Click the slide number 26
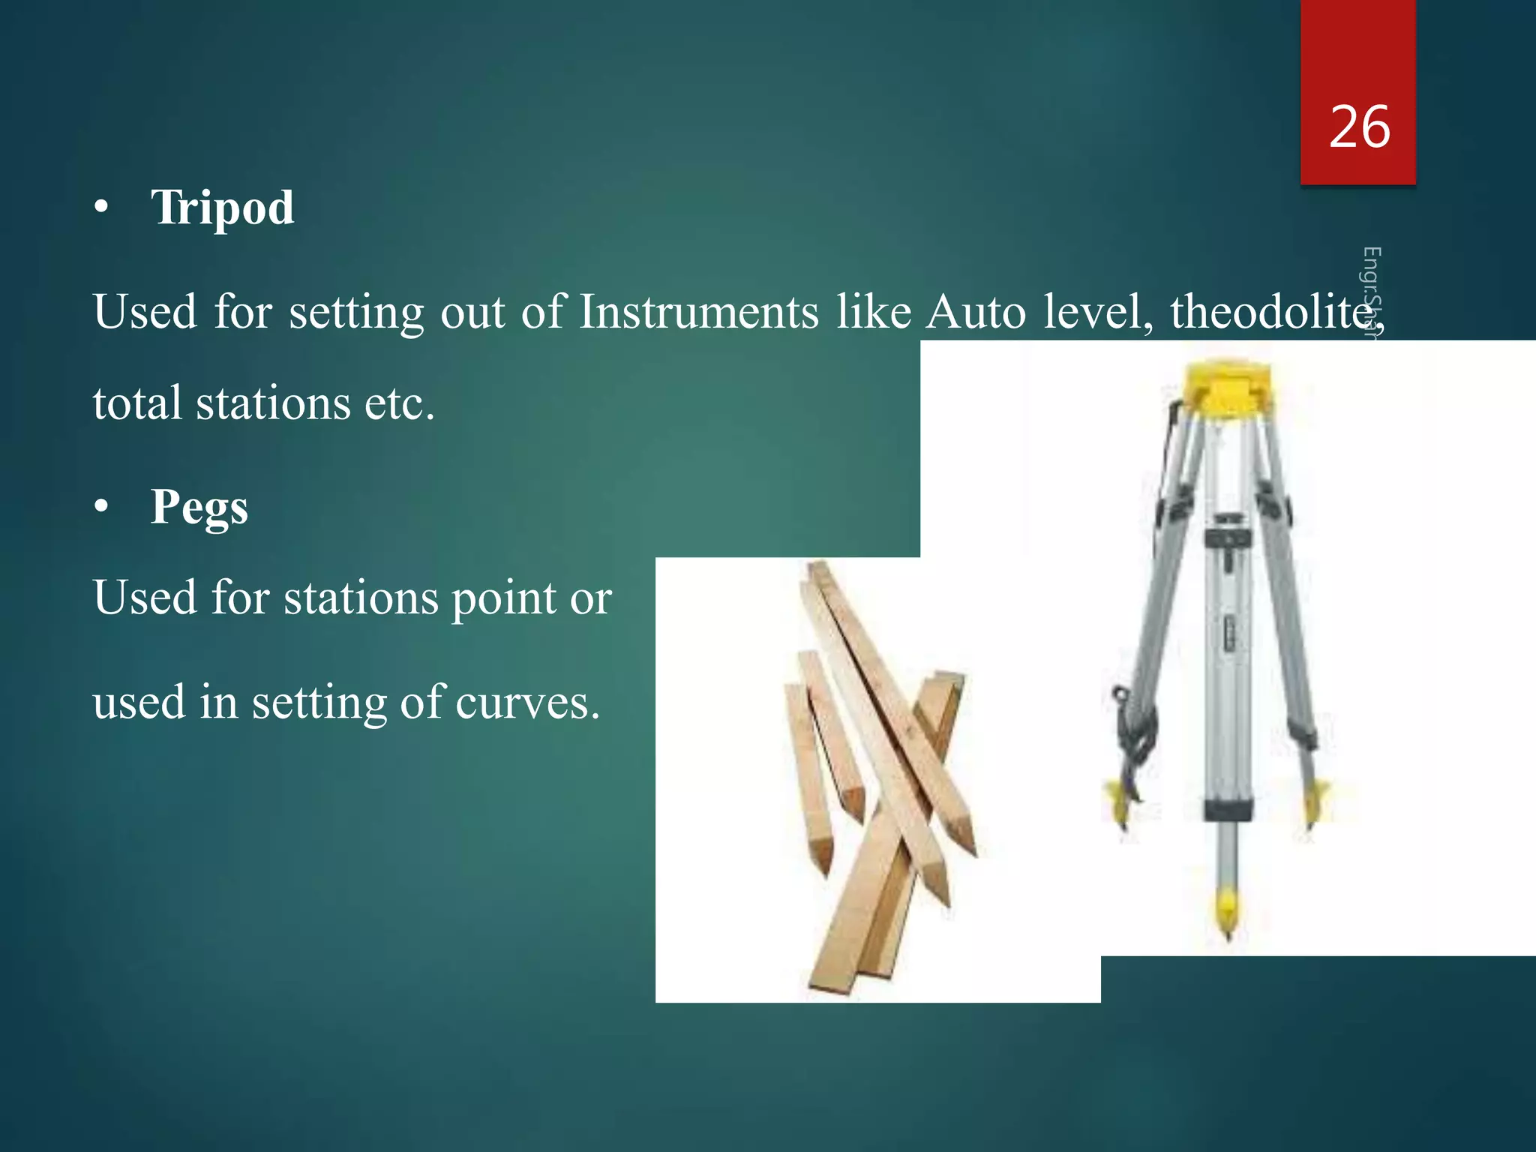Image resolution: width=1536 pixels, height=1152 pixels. [x=1359, y=127]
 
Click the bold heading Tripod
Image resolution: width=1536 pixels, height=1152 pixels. [x=223, y=207]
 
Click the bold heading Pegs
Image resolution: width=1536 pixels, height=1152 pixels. [x=199, y=507]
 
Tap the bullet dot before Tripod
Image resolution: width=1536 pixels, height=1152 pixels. [x=102, y=208]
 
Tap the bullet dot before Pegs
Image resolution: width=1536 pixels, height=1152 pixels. [x=102, y=508]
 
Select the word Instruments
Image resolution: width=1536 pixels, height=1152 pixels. [x=698, y=311]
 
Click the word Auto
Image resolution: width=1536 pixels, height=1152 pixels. [x=975, y=311]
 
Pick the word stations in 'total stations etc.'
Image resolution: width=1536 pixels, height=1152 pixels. [x=273, y=403]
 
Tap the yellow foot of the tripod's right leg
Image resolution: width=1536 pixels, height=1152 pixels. [x=1317, y=799]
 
